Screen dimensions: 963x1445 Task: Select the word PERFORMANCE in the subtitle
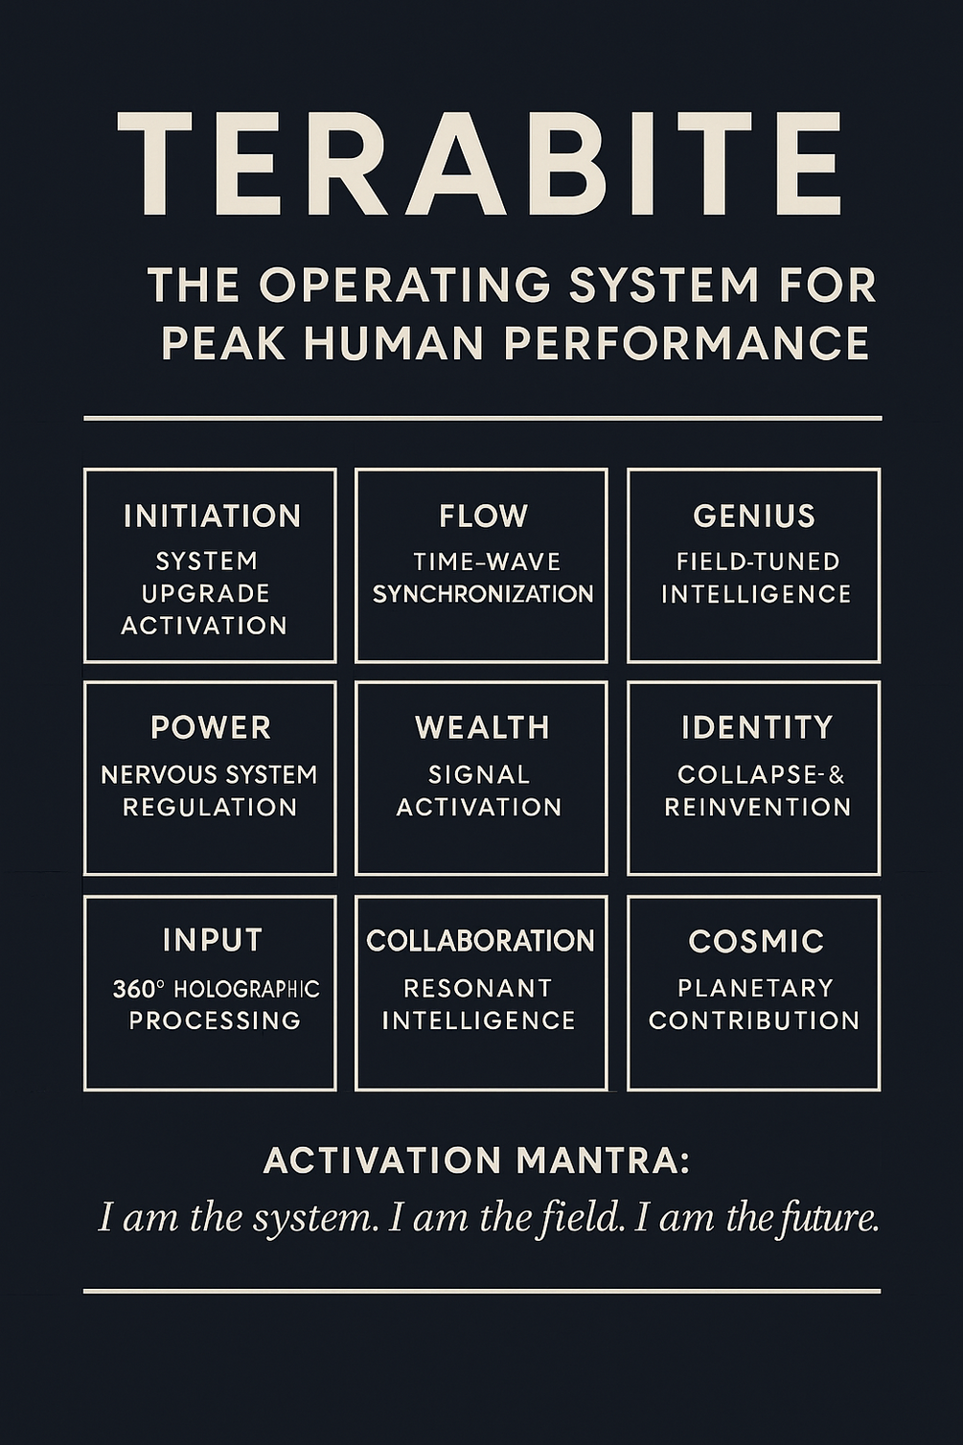[x=686, y=342]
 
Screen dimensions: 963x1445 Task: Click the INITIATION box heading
[x=212, y=516]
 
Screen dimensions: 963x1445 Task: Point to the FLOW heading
[x=484, y=516]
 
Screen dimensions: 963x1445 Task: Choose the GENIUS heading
[x=754, y=516]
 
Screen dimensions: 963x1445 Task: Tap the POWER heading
[x=211, y=727]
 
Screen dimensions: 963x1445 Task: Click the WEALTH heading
[x=483, y=727]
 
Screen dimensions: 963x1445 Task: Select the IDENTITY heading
[x=757, y=727]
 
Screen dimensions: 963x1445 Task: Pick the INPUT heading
[x=212, y=940]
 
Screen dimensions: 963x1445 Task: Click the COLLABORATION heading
[x=480, y=941]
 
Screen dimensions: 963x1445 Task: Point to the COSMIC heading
[x=756, y=941]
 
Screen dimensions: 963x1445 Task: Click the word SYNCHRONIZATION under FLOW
[x=483, y=594]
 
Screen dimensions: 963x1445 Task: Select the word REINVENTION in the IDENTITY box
[x=758, y=808]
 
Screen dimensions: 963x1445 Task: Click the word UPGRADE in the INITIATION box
[x=206, y=593]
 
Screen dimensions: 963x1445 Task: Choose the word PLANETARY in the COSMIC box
[x=755, y=988]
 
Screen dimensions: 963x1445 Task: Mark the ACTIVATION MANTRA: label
[x=476, y=1161]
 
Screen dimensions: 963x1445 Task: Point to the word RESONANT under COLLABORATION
[x=478, y=988]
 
